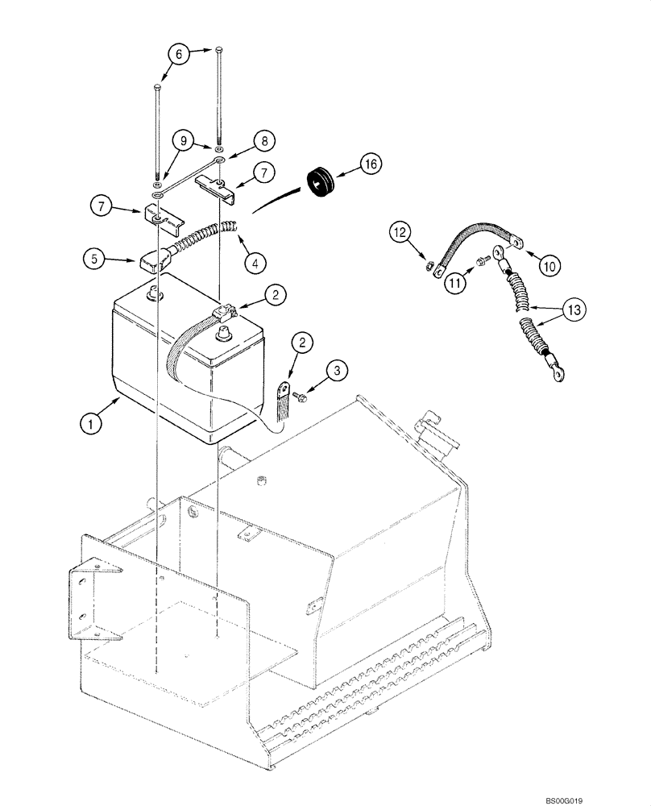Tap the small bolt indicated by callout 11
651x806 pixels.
(482, 260)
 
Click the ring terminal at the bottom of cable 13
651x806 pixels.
(557, 372)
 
